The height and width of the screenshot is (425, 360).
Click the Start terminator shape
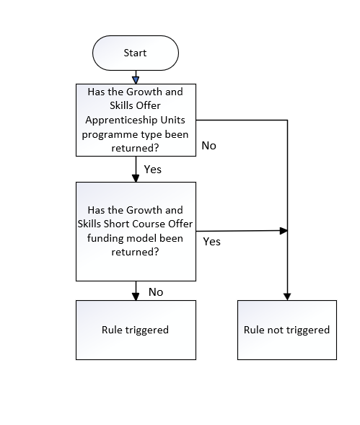click(136, 53)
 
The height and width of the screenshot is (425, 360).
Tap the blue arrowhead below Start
click(136, 80)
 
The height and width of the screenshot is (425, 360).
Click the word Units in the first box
click(173, 120)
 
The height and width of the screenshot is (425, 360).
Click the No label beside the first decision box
click(208, 146)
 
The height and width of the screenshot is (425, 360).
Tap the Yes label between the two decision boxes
click(153, 170)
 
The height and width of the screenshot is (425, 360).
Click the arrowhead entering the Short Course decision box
click(136, 178)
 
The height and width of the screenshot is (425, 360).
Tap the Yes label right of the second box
click(211, 242)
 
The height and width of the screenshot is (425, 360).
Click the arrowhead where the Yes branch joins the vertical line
click(284, 231)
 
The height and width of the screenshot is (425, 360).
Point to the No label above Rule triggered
click(156, 292)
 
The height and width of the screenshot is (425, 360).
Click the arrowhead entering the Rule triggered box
click(136, 297)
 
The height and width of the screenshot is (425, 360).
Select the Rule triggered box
click(136, 330)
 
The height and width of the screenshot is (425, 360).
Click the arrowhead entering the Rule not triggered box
click(287, 297)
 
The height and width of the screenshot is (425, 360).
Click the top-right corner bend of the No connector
click(287, 120)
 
